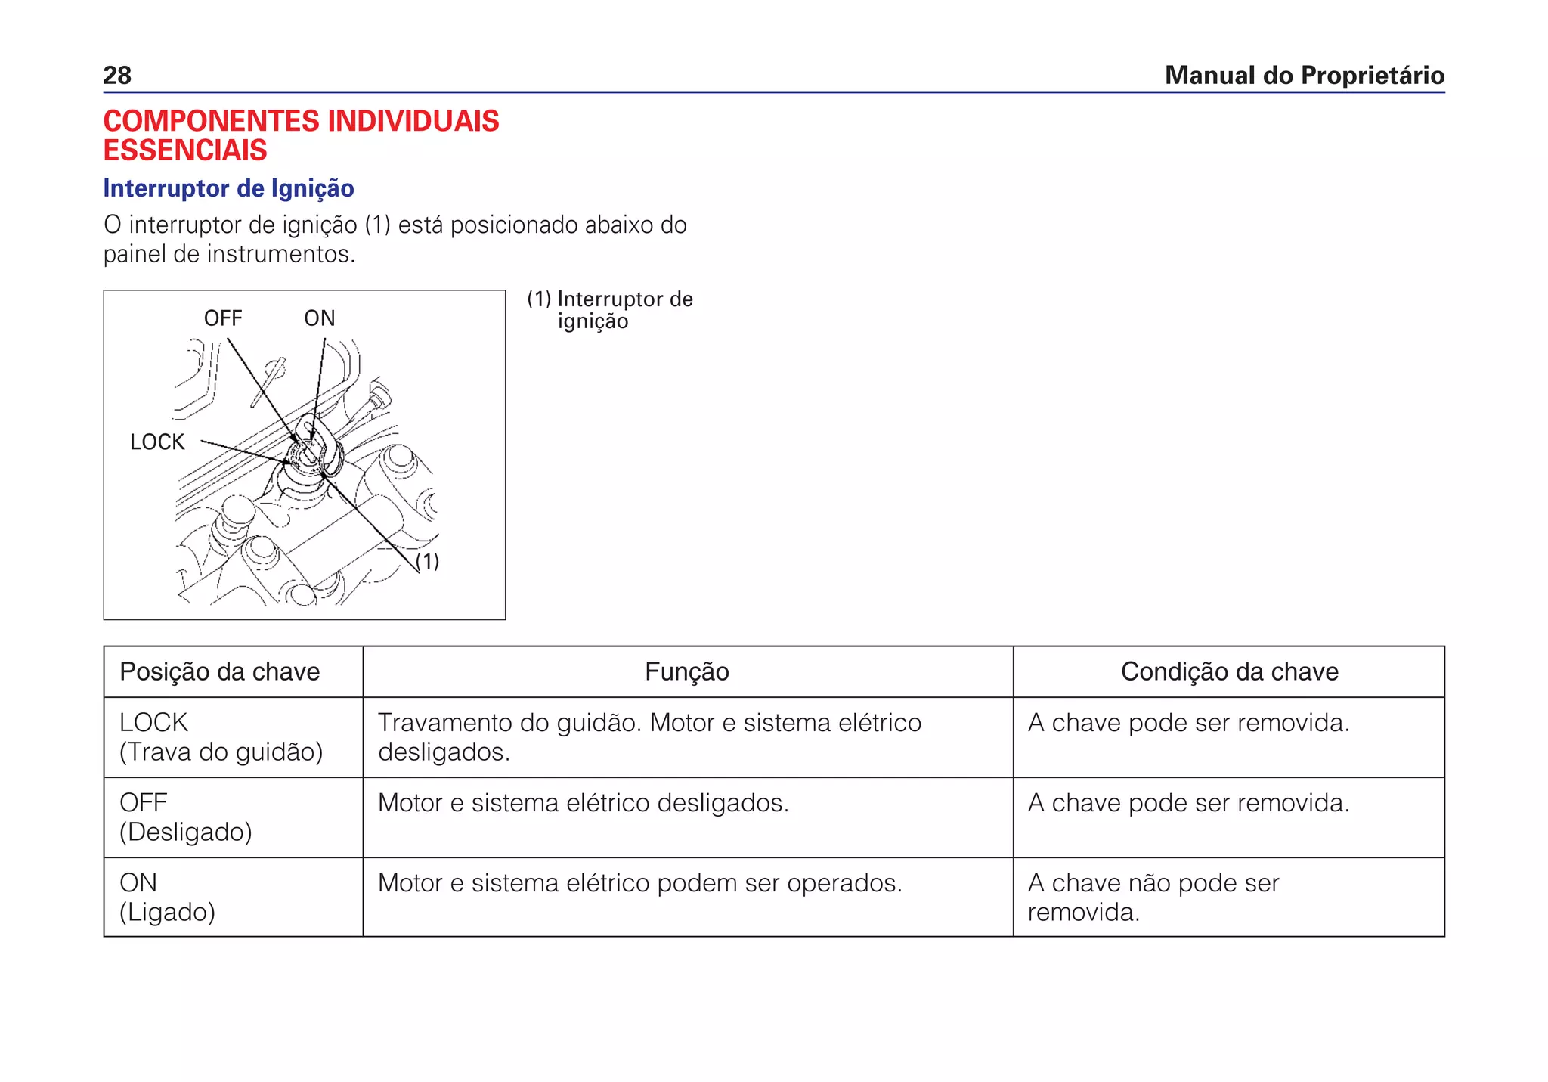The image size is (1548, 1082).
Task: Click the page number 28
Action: [117, 76]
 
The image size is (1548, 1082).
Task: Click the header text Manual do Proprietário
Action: [1304, 76]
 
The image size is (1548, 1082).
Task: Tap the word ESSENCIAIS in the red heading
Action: [185, 150]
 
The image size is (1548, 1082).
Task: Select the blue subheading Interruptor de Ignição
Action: [228, 188]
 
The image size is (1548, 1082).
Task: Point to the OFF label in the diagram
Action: [223, 318]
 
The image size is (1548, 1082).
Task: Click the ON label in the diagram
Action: [319, 318]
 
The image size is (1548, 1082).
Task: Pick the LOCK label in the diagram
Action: [157, 442]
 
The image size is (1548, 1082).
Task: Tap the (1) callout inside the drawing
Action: [428, 561]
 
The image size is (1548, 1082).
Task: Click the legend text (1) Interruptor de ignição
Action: [609, 310]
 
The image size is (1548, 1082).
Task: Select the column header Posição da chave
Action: [220, 671]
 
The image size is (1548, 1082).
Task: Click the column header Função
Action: [686, 671]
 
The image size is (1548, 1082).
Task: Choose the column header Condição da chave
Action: [1229, 671]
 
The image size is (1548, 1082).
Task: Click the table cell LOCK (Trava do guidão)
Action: [221, 737]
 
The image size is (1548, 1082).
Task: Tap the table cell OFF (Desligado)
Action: [185, 817]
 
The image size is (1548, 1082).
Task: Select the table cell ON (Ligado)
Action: [167, 898]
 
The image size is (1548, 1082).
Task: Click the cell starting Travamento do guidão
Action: [649, 737]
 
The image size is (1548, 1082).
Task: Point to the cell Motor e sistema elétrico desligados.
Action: [583, 803]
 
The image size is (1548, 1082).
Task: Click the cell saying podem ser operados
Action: [639, 883]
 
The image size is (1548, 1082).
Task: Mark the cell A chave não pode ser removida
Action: [1153, 898]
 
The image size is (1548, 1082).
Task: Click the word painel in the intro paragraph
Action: [135, 255]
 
